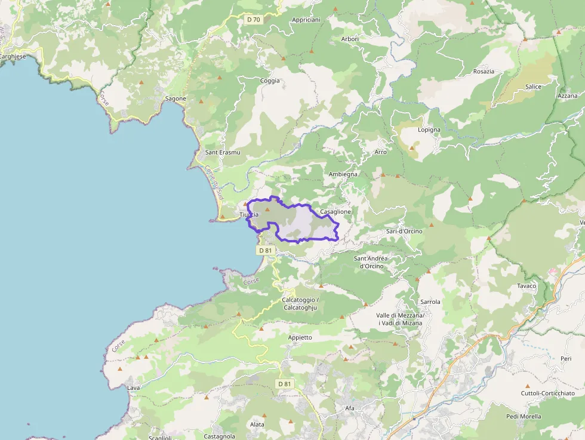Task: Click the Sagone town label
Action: point(176,99)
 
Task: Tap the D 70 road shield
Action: point(253,20)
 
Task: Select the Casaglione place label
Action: point(335,212)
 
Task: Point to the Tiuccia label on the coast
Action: point(249,215)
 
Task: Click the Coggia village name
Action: point(270,81)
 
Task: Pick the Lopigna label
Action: point(429,130)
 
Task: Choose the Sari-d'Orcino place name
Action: point(404,231)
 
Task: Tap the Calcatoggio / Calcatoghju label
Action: point(300,303)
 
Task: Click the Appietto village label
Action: point(300,337)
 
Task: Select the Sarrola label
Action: point(430,302)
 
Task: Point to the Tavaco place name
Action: point(526,286)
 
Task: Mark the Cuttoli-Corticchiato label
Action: point(548,393)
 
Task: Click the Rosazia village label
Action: point(484,72)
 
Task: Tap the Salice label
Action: point(533,87)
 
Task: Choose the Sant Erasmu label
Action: point(223,152)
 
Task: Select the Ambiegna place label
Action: point(343,174)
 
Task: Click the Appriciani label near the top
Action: point(306,20)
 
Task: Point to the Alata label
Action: point(257,424)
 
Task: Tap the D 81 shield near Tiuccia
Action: point(266,251)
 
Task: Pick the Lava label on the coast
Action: point(134,388)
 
